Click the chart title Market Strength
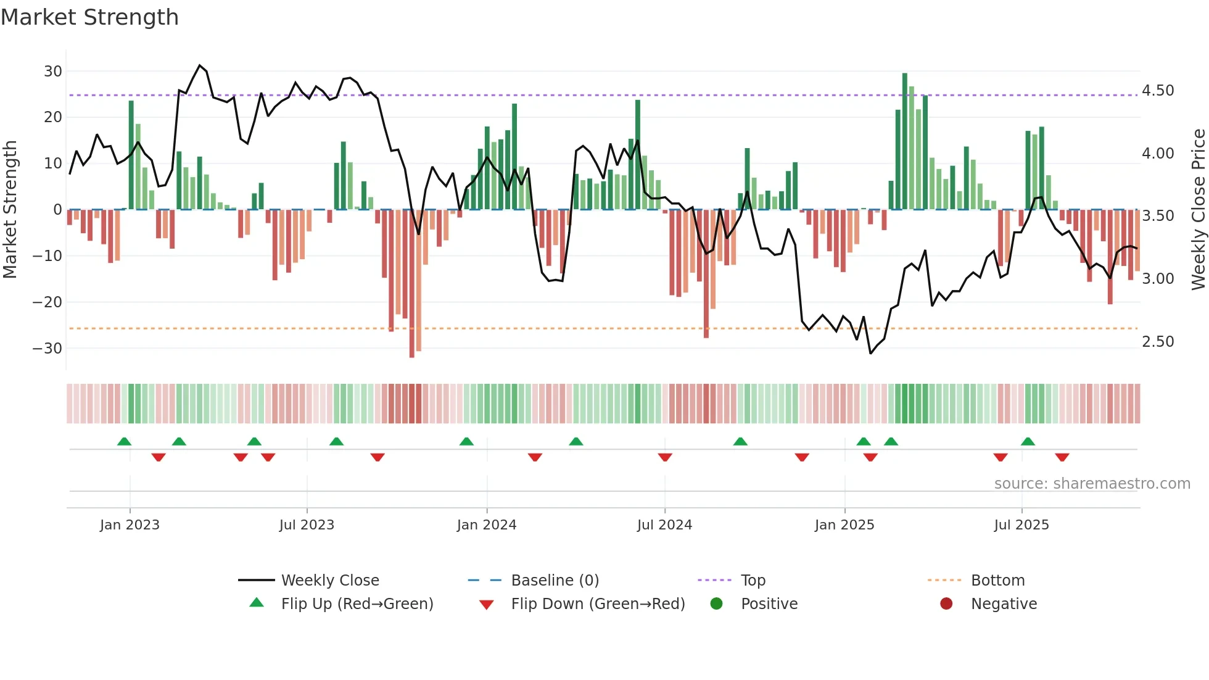(89, 17)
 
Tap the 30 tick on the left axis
(52, 71)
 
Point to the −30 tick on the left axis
(47, 348)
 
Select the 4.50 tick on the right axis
(1158, 91)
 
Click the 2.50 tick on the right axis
(1158, 341)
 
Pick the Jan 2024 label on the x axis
(487, 525)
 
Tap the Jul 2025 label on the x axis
(1021, 525)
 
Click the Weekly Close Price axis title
(1198, 209)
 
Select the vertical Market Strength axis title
(10, 209)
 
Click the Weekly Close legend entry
(330, 581)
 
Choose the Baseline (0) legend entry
(555, 581)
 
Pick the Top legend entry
(753, 581)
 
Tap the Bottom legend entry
(997, 581)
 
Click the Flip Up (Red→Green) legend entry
(357, 604)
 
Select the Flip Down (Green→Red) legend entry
(597, 604)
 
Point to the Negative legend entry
(1004, 604)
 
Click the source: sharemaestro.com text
(1092, 484)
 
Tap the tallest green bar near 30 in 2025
(904, 141)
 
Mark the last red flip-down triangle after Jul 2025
(1062, 457)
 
